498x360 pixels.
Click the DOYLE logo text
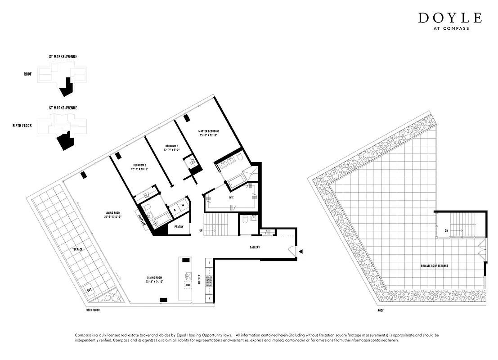click(x=450, y=18)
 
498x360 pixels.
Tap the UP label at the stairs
click(x=201, y=231)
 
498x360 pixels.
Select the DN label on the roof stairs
click(x=446, y=230)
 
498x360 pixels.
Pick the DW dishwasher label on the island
click(x=188, y=285)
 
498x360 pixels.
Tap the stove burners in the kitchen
click(x=209, y=281)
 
